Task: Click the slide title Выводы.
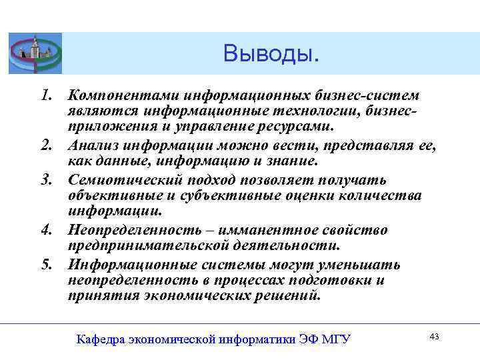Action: click(x=271, y=53)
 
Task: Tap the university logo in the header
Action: click(x=35, y=53)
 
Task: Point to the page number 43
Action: click(x=435, y=337)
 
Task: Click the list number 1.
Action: click(x=47, y=96)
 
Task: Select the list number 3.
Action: click(x=47, y=181)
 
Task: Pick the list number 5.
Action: click(x=47, y=265)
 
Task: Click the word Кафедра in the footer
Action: click(x=101, y=339)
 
